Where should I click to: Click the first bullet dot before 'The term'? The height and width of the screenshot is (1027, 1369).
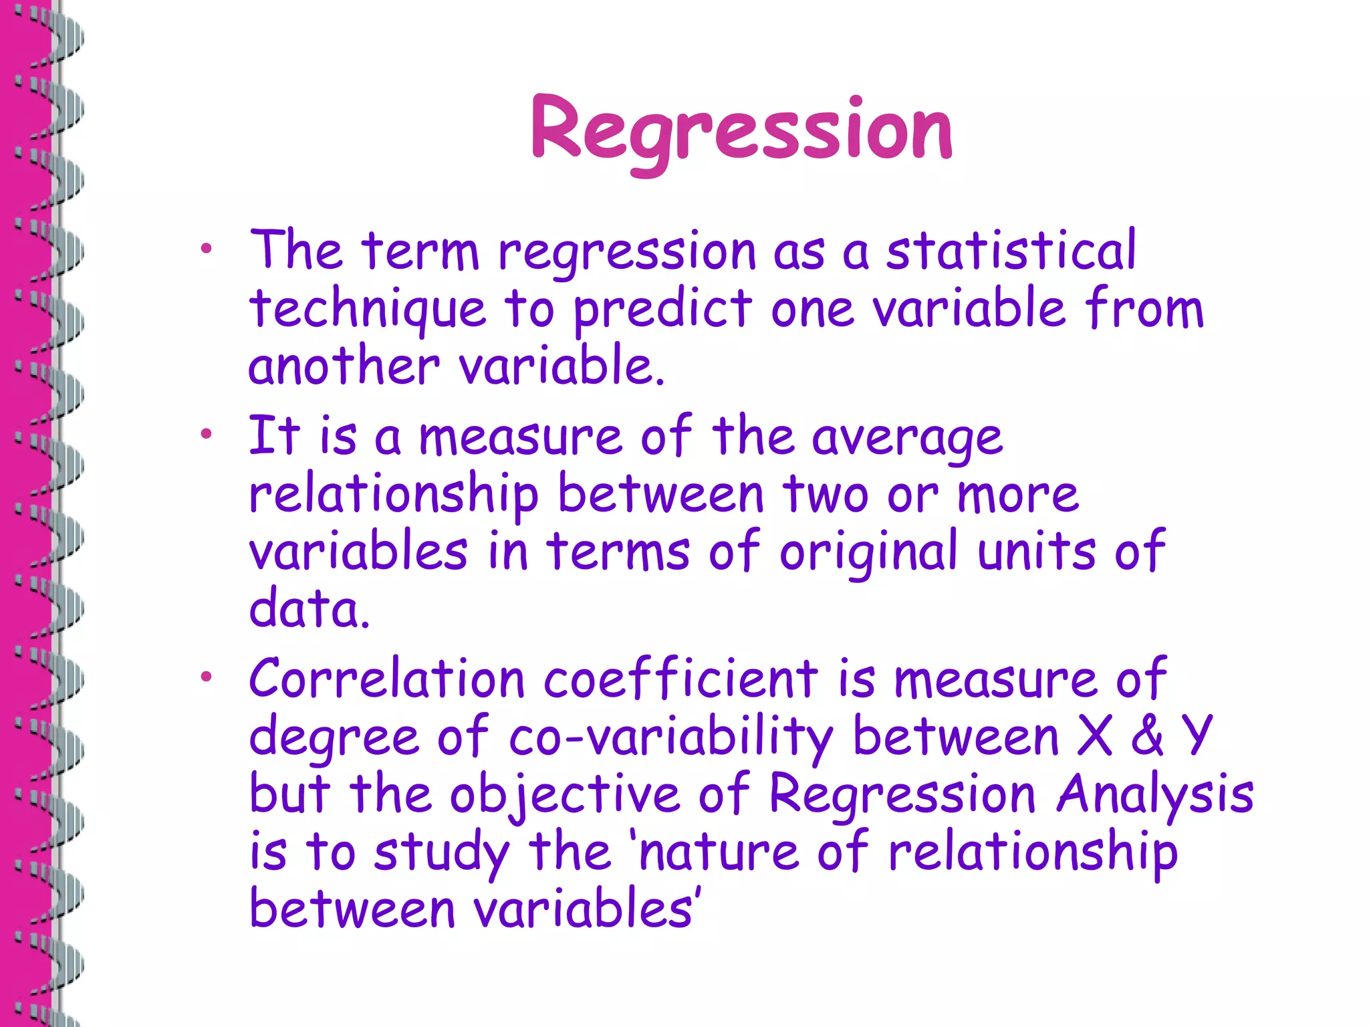205,249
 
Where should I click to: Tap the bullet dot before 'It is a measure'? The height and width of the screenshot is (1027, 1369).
205,434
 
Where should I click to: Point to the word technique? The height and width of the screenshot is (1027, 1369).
367,310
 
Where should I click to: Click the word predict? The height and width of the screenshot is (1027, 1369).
662,310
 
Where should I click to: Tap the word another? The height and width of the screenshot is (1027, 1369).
344,366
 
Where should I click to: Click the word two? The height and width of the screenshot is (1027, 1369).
826,495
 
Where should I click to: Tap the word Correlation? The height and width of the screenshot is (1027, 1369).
386,679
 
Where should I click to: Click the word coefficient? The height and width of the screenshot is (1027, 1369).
680,679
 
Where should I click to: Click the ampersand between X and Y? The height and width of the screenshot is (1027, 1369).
1147,735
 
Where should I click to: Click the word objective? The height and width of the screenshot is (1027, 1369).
564,795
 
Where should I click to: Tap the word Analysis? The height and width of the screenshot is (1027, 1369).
1154,795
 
